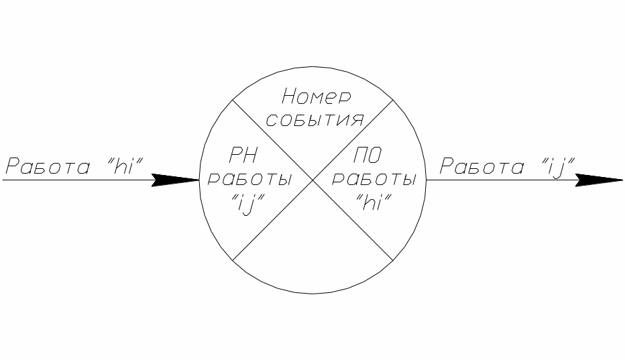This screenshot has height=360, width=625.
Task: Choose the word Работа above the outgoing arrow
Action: click(x=481, y=167)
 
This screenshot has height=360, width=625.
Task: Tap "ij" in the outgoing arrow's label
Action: click(x=556, y=167)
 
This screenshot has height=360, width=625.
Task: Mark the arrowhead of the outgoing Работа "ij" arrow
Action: click(x=599, y=180)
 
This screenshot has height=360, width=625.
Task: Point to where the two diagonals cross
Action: click(x=312, y=180)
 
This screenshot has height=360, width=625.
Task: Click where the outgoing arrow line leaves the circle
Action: click(x=426, y=180)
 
